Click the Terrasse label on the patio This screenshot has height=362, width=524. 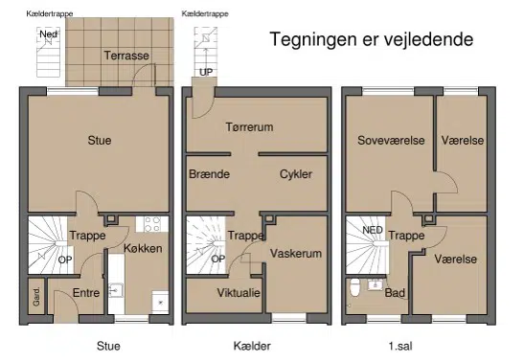[126, 56]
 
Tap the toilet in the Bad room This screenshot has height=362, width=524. [354, 288]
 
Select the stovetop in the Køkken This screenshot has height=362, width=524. [152, 224]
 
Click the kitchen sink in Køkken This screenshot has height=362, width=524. [116, 290]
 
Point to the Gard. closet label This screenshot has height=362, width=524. [36, 296]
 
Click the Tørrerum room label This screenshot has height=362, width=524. [249, 127]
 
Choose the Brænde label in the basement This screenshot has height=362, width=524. [209, 174]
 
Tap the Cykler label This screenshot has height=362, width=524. [296, 174]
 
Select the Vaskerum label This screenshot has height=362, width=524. [296, 254]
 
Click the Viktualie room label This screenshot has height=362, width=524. [239, 293]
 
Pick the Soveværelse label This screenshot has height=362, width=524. [391, 140]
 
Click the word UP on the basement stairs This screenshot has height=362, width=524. [206, 72]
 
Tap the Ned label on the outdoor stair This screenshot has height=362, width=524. [49, 34]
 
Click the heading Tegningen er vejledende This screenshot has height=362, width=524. [372, 39]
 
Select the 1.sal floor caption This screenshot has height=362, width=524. [400, 347]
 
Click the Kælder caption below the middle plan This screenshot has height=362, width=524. [252, 347]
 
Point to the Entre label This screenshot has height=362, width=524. [86, 293]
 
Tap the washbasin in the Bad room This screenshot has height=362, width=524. [375, 284]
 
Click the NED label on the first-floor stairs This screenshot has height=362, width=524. [373, 230]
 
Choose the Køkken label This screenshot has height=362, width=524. [143, 248]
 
